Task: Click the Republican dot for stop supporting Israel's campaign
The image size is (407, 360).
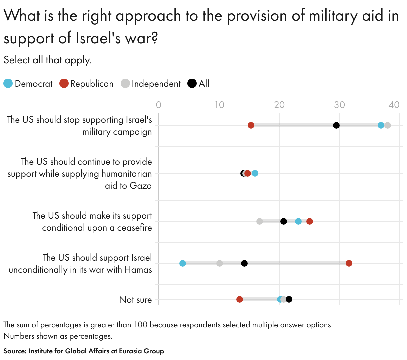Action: tap(251, 125)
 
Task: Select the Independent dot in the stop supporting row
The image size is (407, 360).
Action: tap(387, 125)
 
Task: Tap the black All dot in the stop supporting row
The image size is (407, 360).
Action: tap(336, 125)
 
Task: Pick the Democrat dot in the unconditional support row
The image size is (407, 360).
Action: tap(183, 263)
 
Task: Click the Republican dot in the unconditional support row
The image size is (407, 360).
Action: tap(349, 263)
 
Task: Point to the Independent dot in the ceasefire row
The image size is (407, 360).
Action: tap(260, 221)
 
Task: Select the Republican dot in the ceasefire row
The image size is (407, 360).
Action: tap(310, 221)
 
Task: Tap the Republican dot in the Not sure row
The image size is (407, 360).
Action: tap(240, 299)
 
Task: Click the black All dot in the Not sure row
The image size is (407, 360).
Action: tap(289, 299)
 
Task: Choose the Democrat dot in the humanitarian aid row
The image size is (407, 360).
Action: tap(255, 173)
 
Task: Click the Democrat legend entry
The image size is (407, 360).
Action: tap(28, 84)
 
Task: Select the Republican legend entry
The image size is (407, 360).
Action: tap(87, 84)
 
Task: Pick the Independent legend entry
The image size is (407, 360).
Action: tap(151, 84)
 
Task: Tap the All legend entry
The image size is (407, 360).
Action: tap(199, 84)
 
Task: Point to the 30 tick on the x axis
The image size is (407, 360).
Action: tap(339, 105)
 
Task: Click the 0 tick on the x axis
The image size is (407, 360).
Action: tap(159, 105)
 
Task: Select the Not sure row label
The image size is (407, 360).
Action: tap(135, 300)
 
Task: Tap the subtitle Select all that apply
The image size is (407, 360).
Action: tap(48, 60)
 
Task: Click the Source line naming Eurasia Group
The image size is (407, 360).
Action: tap(84, 351)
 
